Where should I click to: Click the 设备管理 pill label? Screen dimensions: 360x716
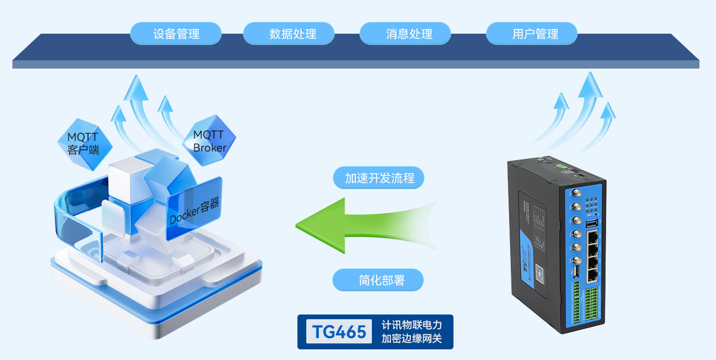[x=176, y=34]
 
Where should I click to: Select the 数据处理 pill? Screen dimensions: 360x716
[x=289, y=34]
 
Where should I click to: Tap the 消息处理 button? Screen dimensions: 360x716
[x=406, y=34]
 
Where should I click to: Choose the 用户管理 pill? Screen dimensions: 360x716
[x=532, y=34]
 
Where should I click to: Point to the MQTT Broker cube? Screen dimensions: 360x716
[x=210, y=141]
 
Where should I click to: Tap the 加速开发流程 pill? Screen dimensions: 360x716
[x=379, y=178]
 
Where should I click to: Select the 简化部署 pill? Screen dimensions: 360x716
[x=378, y=280]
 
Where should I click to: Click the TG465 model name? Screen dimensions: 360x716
[x=339, y=332]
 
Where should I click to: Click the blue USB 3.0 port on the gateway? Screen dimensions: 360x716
[x=592, y=223]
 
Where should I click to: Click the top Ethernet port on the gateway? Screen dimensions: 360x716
[x=593, y=237]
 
